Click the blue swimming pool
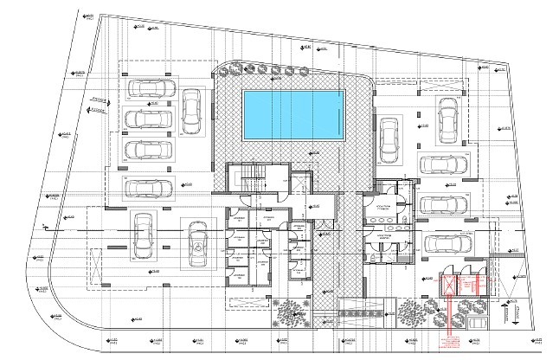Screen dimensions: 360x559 coord(294,114)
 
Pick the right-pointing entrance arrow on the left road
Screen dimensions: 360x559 coord(98,100)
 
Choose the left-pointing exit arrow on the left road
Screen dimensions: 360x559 coord(98,111)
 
